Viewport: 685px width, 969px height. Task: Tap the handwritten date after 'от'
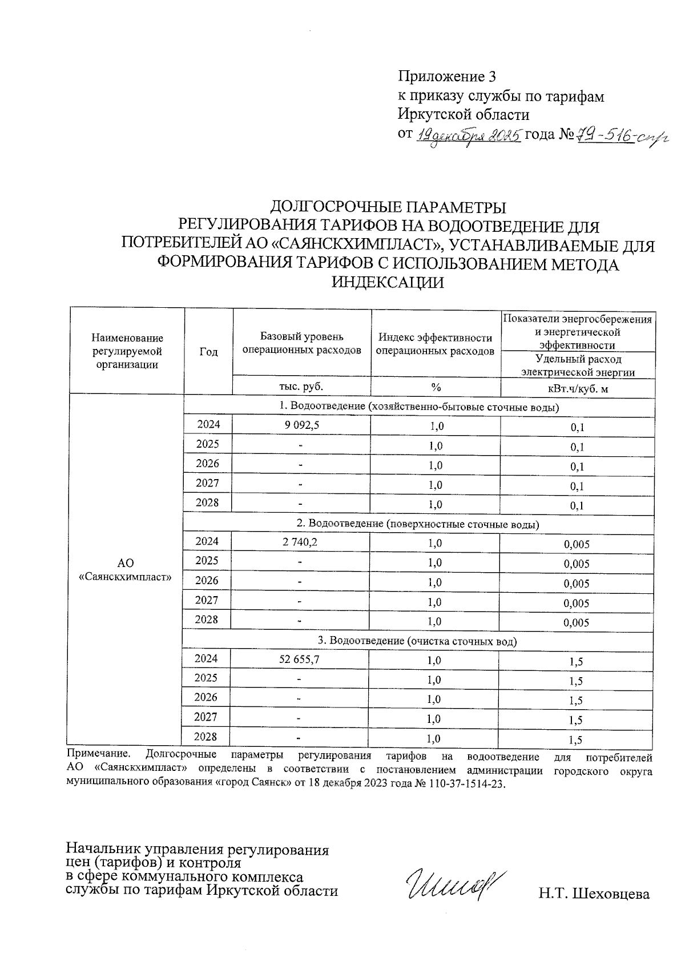[469, 136]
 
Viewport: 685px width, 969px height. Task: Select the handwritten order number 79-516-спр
[621, 136]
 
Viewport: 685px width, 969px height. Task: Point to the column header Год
[208, 352]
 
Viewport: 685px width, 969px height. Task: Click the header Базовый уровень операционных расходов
[302, 343]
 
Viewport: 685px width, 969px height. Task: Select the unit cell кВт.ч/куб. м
[577, 389]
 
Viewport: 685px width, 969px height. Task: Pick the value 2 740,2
[300, 542]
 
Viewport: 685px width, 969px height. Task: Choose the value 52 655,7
[300, 660]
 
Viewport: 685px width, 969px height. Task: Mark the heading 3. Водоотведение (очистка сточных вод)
[417, 641]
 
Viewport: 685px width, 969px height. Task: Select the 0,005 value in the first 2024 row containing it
[576, 545]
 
